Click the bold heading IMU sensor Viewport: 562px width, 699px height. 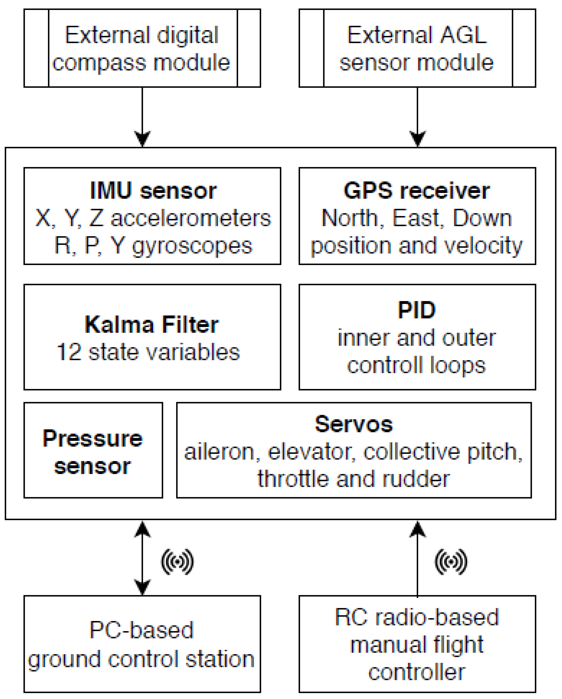(153, 191)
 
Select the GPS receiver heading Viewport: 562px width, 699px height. (417, 191)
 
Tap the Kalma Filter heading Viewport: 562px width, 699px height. (151, 325)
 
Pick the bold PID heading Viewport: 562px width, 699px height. (417, 310)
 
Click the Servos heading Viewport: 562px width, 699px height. (354, 424)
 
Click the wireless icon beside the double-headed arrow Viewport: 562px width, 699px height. (178, 562)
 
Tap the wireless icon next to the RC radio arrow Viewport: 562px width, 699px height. (451, 562)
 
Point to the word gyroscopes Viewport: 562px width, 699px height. (192, 246)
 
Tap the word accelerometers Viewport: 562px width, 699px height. (191, 218)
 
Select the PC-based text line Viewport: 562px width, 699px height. (141, 630)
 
